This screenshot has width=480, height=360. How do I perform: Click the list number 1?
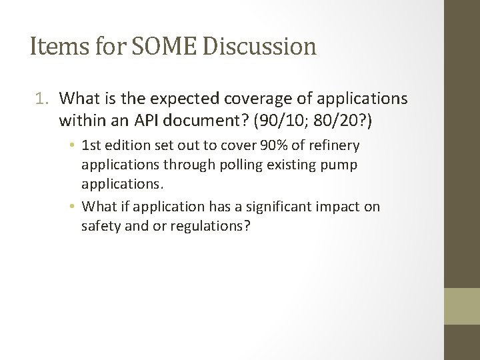coord(41,99)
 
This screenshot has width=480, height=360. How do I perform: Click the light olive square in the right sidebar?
coord(462,306)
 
